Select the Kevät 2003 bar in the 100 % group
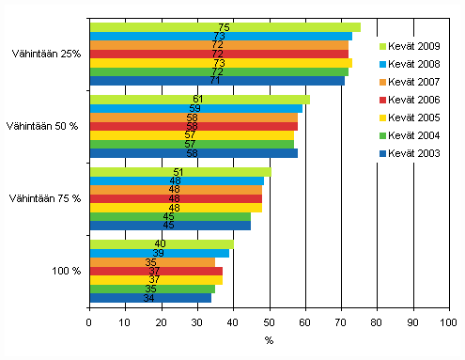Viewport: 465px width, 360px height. [150, 298]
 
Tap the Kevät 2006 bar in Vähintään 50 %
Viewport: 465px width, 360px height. [194, 126]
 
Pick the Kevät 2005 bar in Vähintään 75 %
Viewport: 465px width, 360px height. [176, 208]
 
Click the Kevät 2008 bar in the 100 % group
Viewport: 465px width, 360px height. [159, 253]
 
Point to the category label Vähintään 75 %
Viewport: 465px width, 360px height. [44, 198]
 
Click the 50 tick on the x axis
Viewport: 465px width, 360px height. [269, 321]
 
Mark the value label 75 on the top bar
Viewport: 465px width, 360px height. [224, 27]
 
